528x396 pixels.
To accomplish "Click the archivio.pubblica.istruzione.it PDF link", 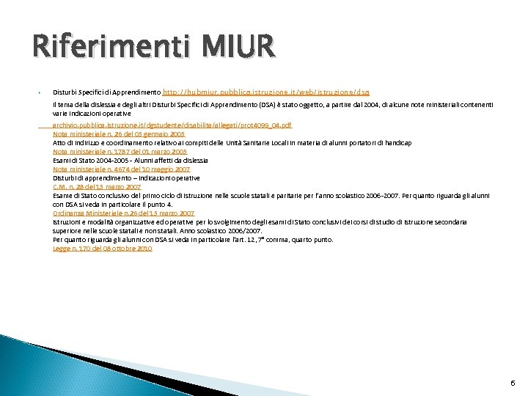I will click(x=172, y=125).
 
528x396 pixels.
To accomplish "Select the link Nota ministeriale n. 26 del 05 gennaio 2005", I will click(x=109, y=134).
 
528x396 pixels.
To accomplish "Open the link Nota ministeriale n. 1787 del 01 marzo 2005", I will click(x=109, y=151).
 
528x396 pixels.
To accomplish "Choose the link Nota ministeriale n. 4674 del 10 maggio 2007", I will click(x=111, y=169).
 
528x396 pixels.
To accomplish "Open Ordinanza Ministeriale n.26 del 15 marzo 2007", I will click(x=124, y=213).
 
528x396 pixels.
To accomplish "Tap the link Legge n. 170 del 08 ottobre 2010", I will click(x=102, y=249).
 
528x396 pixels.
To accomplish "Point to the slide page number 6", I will click(x=512, y=383).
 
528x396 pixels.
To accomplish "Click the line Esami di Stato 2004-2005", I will click(x=131, y=160).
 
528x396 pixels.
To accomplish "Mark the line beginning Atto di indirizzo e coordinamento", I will click(x=232, y=142).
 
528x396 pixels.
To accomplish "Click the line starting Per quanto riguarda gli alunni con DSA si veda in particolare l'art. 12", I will click(x=193, y=240).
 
